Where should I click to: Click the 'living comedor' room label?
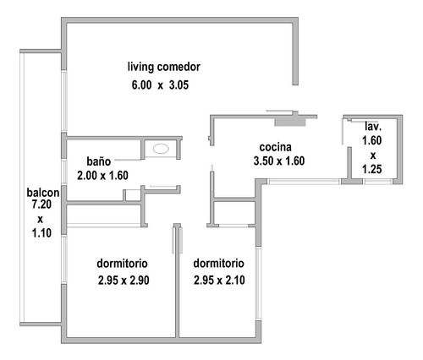164,67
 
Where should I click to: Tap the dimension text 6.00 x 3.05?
160,85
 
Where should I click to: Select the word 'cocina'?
275,147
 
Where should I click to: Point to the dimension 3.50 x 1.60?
279,161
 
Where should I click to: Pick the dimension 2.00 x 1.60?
102,176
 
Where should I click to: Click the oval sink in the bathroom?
161,149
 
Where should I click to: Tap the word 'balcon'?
43,193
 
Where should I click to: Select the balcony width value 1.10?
41,233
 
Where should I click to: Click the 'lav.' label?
373,127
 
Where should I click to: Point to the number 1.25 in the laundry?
372,169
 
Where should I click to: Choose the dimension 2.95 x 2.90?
124,281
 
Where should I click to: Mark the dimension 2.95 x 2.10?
219,281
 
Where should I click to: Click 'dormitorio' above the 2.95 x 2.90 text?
122,264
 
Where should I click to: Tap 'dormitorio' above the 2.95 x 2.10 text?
218,264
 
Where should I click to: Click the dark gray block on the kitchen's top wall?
290,122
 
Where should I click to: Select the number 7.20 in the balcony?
41,205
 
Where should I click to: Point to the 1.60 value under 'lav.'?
372,140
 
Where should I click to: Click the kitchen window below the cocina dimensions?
304,182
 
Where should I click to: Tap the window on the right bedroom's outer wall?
258,283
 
